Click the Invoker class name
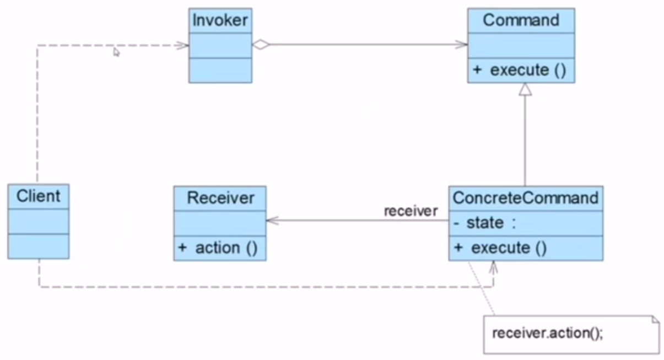point(220,20)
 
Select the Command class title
point(521,20)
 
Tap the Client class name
point(38,196)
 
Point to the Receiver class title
point(220,198)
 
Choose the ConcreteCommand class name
point(526,198)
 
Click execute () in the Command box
point(528,70)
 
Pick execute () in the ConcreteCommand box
point(509,248)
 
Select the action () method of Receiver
point(226,248)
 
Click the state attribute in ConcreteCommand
point(485,223)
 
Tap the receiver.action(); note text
point(548,334)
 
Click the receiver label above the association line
point(411,211)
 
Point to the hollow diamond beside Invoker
point(261,45)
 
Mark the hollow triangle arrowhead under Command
point(525,89)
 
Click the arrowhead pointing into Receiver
point(272,221)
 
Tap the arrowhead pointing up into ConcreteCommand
point(493,267)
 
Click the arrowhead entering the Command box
point(462,45)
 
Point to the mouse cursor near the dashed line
point(116,52)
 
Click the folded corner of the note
point(655,319)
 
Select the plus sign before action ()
point(182,248)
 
